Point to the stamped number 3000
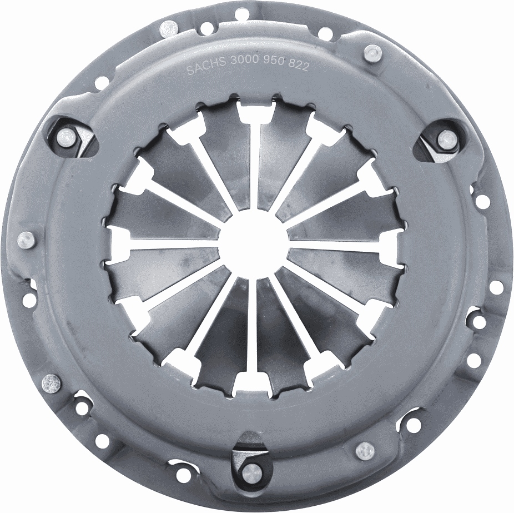243,67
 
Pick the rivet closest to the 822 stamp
372,53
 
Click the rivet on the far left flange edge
26,240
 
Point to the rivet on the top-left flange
168,27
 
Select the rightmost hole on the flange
496,287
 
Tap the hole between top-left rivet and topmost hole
206,26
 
